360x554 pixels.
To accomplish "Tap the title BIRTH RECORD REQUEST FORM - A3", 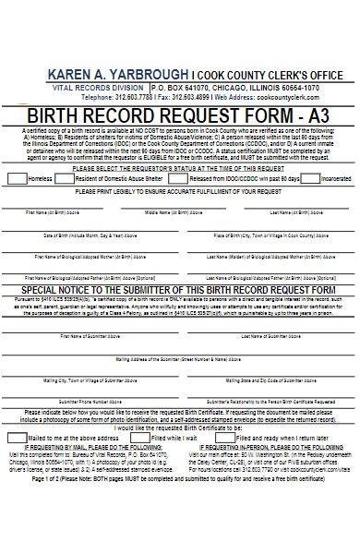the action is [x=180, y=115].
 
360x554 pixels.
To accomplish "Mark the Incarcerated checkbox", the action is [x=312, y=178].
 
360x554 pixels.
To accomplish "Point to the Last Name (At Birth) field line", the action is [x=294, y=207].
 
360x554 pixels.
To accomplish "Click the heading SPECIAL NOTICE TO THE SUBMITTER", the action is [x=180, y=289].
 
